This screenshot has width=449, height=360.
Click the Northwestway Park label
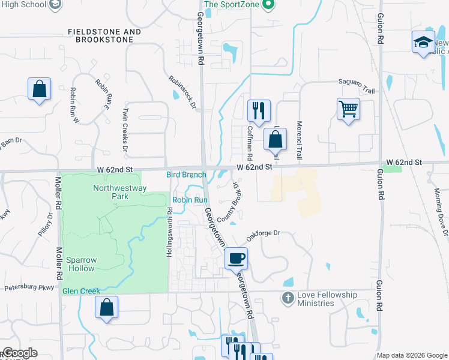[x=111, y=192]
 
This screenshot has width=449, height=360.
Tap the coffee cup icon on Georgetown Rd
[x=236, y=259]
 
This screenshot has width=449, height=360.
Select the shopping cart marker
[x=348, y=109]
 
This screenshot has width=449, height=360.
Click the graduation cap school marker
[x=423, y=42]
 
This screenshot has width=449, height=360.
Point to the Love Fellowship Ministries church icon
[x=288, y=296]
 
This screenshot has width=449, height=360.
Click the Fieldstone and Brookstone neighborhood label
[x=104, y=35]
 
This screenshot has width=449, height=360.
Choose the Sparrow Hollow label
[x=82, y=264]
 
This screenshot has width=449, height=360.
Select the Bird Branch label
[x=186, y=175]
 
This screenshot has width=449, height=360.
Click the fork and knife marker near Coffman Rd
[x=259, y=110]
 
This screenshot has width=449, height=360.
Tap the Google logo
[x=19, y=353]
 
